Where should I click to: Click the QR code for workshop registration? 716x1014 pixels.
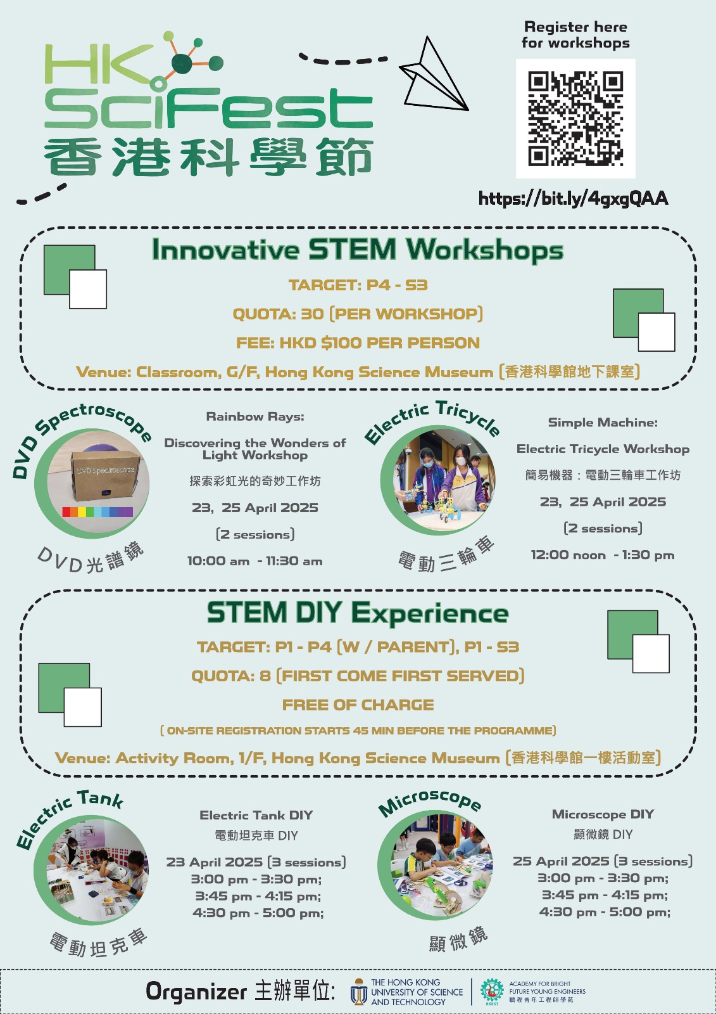[x=575, y=119]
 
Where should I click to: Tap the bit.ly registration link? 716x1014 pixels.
[x=573, y=198]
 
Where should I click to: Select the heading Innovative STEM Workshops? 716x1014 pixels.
[x=357, y=250]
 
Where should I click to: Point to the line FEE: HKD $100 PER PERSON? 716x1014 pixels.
[x=358, y=343]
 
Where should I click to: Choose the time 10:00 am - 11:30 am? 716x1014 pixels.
[x=254, y=561]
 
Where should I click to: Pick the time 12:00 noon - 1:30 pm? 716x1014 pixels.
[x=602, y=555]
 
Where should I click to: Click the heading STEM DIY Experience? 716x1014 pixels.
[x=358, y=613]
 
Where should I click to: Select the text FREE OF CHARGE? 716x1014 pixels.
[x=358, y=705]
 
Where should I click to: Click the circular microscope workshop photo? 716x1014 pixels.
[x=438, y=865]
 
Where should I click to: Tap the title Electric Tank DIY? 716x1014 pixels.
[x=256, y=815]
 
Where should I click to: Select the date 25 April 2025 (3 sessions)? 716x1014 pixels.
[x=602, y=861]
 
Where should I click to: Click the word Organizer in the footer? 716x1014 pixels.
[x=196, y=991]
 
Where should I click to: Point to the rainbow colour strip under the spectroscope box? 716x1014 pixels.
[x=97, y=511]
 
